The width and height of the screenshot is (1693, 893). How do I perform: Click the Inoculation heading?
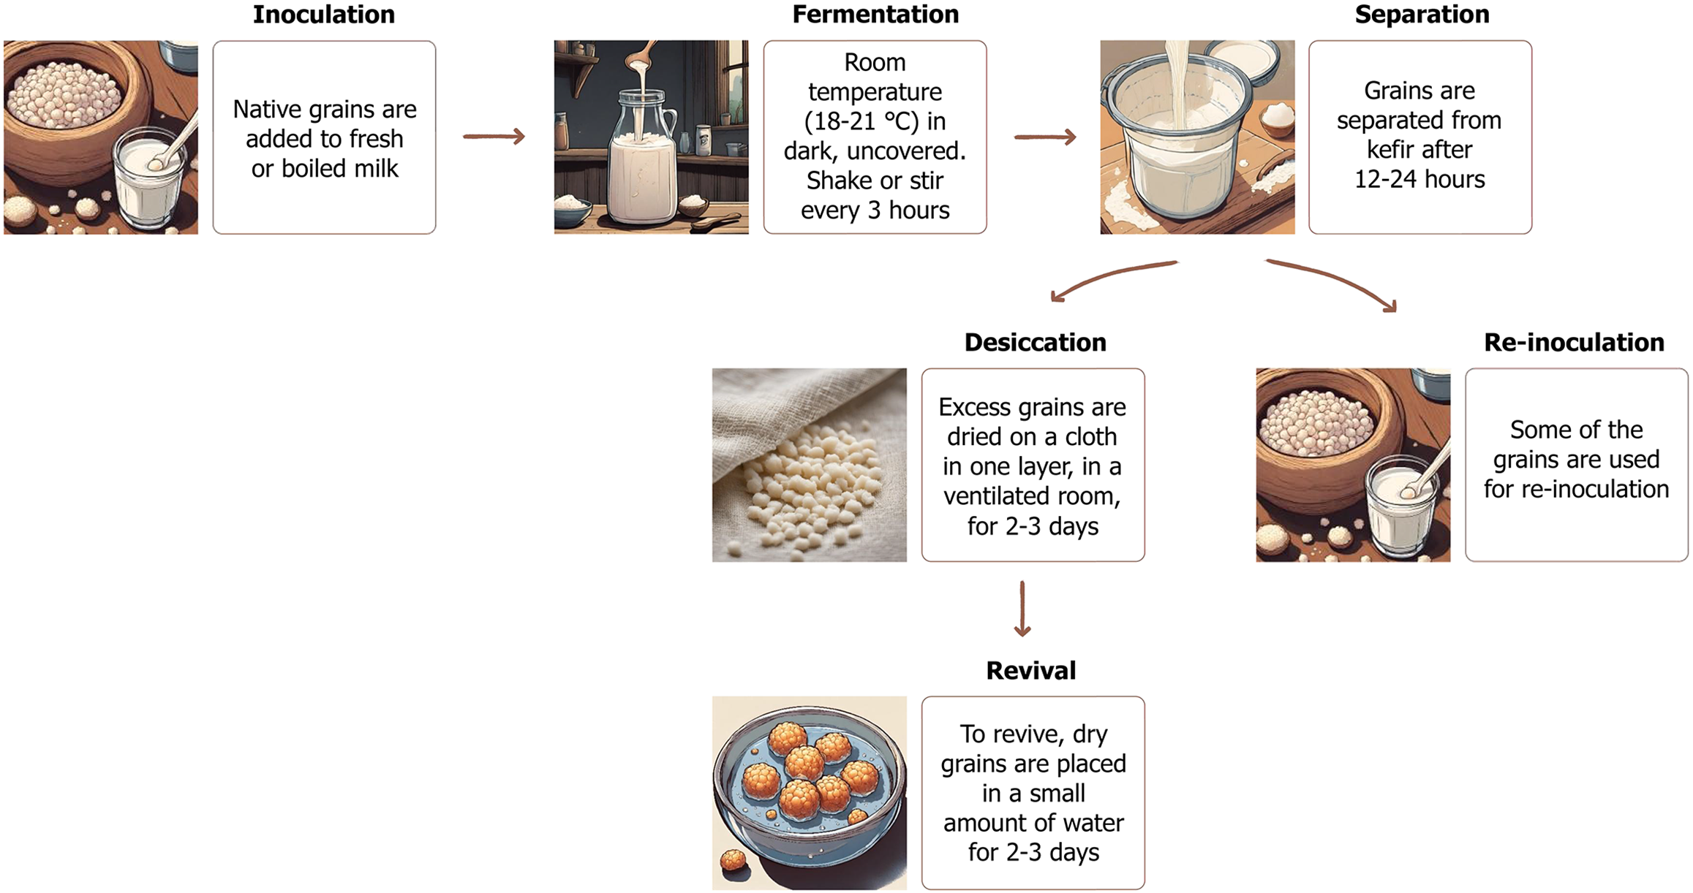323,15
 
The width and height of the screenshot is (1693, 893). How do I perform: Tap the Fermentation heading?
875,15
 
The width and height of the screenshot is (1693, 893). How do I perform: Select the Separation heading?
1421,15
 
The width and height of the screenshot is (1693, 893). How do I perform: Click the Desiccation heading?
1034,342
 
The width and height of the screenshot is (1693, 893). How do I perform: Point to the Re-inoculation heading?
1573,342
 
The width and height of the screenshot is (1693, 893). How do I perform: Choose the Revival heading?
1030,670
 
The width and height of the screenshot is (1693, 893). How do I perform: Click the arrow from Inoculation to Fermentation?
494,137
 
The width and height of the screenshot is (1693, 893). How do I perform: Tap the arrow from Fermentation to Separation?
1045,137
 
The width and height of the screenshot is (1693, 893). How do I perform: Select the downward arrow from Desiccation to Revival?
1022,609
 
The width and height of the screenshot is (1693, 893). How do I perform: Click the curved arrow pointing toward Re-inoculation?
1335,281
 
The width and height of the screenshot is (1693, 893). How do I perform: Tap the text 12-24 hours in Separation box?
1419,179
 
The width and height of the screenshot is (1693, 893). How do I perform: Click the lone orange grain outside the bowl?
733,860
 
